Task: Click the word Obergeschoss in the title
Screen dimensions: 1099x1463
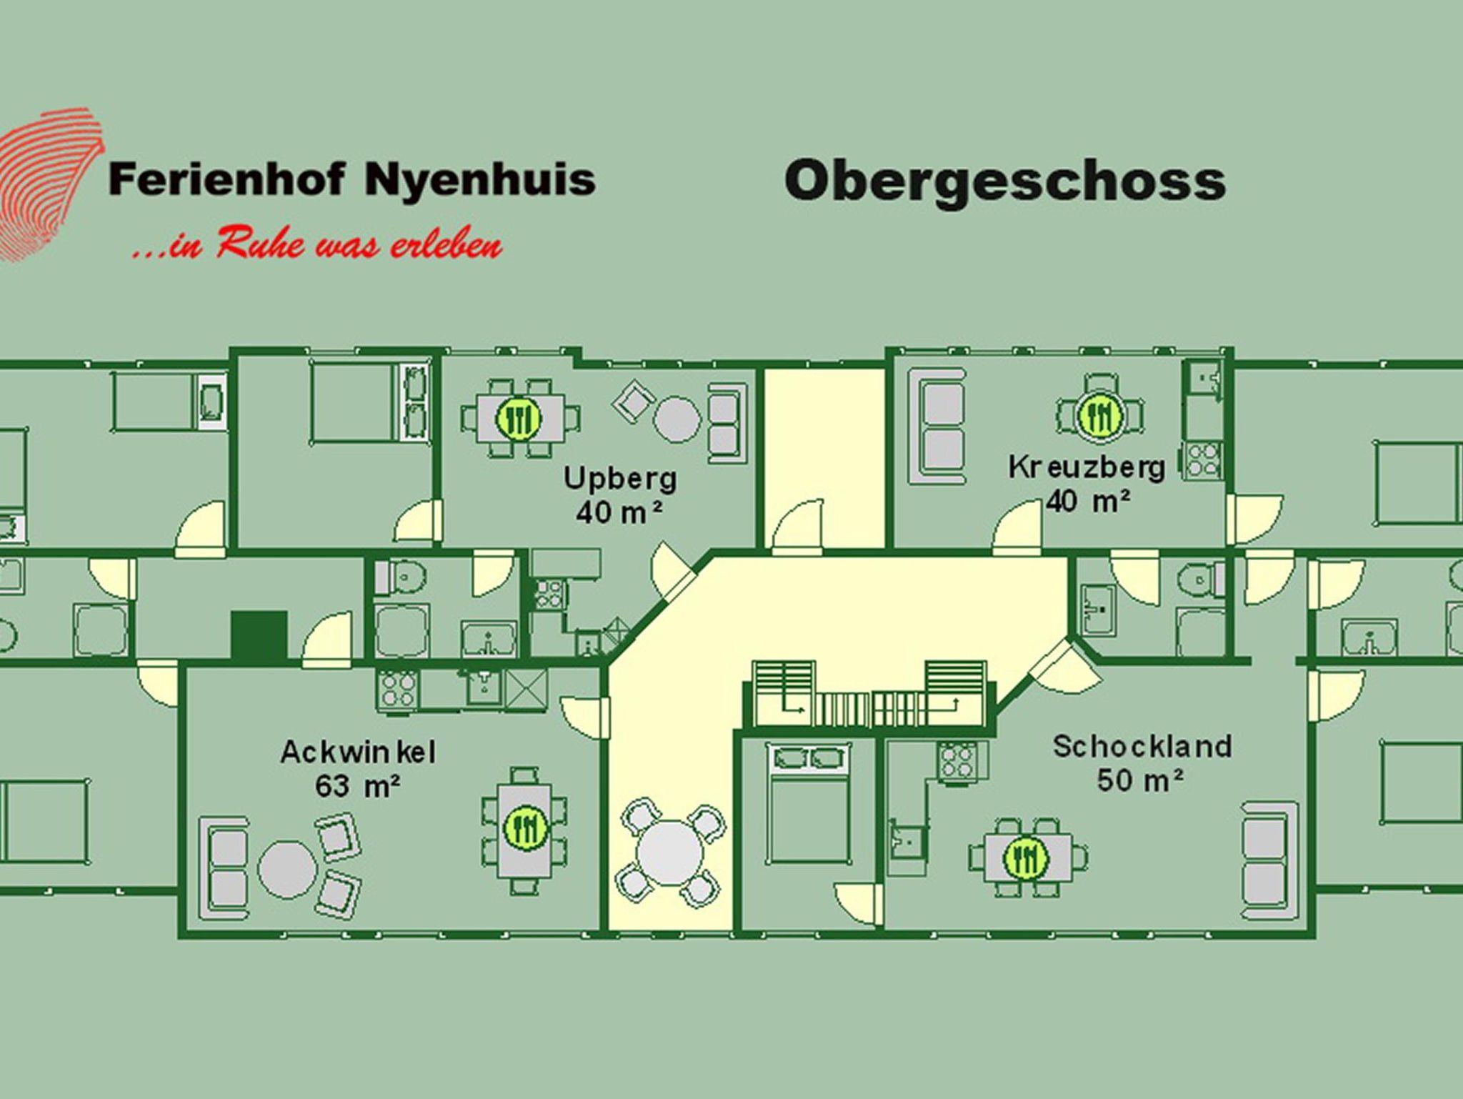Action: pos(1004,181)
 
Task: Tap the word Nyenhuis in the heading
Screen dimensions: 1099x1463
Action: pos(479,179)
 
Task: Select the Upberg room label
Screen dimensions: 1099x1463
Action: pos(619,478)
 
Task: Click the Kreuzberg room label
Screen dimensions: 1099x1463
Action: pos(1087,467)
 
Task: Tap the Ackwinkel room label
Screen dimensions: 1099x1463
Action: pos(357,752)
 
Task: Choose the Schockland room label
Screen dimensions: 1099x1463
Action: pos(1142,746)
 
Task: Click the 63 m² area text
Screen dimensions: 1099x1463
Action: pos(357,786)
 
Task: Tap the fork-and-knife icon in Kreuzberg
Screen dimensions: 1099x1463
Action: pos(1099,413)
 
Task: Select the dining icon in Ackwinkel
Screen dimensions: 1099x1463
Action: pos(525,827)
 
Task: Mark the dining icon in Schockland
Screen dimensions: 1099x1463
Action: pos(1025,857)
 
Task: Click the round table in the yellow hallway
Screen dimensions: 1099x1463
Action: pos(670,853)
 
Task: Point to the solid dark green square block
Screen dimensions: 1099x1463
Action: pos(259,635)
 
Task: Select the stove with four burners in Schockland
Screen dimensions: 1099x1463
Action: pos(956,760)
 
